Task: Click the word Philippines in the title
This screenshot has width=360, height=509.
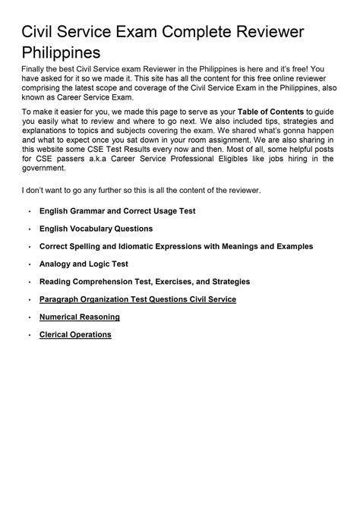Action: (61, 54)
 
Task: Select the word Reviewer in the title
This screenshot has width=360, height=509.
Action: (257, 32)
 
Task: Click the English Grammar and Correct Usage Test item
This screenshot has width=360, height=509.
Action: (117, 211)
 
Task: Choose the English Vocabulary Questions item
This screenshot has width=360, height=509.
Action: (96, 229)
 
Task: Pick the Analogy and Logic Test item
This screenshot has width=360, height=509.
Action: (84, 264)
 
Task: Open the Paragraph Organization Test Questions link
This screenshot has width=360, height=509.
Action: (137, 299)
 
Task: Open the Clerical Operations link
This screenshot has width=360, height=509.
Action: (75, 334)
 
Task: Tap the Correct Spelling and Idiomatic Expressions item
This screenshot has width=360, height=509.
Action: (175, 246)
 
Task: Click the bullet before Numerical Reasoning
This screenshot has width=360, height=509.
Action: (29, 318)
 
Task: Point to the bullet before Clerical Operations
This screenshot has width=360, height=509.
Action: (29, 335)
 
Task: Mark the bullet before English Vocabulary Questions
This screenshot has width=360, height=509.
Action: (29, 229)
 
